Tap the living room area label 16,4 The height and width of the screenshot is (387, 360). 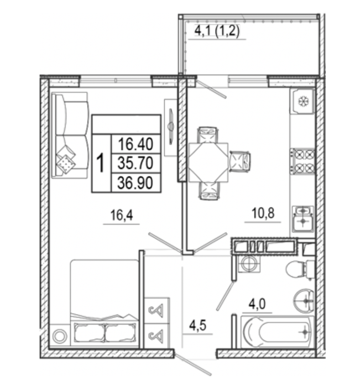(122, 215)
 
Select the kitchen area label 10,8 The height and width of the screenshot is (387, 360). (263, 213)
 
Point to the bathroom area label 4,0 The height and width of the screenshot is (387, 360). (257, 304)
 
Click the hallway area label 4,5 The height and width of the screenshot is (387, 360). (197, 326)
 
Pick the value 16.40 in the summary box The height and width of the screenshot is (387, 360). (135, 144)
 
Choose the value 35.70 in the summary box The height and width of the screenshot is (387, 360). (135, 163)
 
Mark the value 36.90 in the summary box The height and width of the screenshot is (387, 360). (135, 183)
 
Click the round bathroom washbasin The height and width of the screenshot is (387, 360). (304, 301)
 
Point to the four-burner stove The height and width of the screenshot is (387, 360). (302, 161)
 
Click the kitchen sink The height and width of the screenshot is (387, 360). (302, 219)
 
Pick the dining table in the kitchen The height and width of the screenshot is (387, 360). (208, 162)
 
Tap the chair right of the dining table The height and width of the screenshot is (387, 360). (240, 161)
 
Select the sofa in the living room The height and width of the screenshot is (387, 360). (70, 135)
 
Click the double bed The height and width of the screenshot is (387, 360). (104, 302)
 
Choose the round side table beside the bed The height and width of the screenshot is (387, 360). (60, 336)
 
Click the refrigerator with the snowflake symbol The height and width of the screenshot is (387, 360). (302, 101)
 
